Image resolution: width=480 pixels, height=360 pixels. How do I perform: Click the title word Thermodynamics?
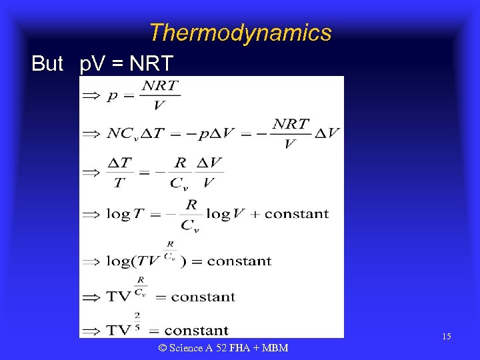tap(240, 33)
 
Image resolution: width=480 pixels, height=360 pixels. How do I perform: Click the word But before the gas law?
tap(47, 64)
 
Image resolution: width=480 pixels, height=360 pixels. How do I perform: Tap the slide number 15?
tap(446, 337)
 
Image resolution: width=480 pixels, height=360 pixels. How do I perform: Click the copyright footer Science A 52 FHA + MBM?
tap(223, 347)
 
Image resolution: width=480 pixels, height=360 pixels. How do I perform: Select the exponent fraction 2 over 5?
tap(136, 322)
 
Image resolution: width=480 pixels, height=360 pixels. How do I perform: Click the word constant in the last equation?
tap(196, 330)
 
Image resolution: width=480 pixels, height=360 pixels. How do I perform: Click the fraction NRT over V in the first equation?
tap(160, 95)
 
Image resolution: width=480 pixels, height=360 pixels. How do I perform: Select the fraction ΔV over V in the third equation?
tap(209, 172)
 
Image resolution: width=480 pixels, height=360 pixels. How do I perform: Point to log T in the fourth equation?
tap(125, 214)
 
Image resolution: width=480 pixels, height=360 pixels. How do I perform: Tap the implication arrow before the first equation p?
tap(91, 95)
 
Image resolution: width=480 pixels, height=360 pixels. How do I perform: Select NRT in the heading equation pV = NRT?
tap(151, 64)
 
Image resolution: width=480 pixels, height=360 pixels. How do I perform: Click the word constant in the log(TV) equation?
tap(239, 261)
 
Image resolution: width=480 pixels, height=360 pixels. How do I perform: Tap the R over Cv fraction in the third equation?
tap(179, 172)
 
